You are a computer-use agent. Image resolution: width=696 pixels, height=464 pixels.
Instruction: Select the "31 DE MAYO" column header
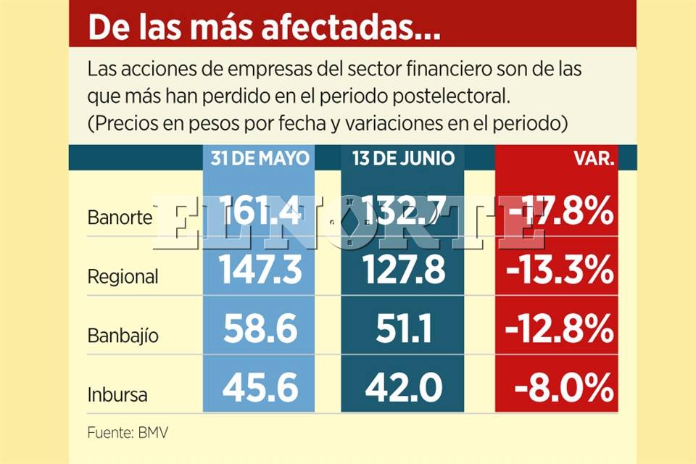point(260,158)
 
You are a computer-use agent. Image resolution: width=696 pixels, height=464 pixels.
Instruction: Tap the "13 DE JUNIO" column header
point(403,158)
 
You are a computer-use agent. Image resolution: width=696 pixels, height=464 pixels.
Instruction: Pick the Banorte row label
point(120,217)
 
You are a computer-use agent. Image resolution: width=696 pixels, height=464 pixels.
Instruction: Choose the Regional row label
point(123,276)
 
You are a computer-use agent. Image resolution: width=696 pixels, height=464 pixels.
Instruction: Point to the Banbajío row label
point(123,336)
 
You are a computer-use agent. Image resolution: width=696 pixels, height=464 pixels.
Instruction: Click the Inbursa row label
point(117,395)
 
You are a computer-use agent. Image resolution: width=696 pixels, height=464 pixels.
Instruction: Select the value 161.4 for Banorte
point(259,212)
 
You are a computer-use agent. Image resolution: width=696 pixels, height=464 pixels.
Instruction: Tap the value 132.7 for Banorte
point(403,212)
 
